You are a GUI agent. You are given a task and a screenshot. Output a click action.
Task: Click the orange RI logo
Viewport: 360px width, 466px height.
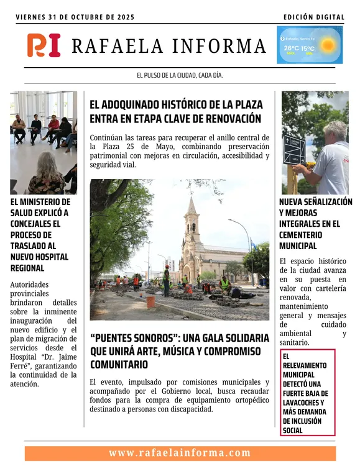click(44, 45)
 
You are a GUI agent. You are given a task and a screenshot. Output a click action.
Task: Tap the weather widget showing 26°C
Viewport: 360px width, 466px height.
click(309, 45)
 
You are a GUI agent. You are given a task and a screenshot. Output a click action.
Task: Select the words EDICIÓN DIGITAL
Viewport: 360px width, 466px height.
click(313, 17)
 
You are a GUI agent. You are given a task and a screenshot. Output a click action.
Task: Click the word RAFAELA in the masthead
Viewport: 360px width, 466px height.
click(118, 46)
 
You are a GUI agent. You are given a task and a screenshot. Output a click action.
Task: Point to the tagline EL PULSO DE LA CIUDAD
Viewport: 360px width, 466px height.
click(179, 75)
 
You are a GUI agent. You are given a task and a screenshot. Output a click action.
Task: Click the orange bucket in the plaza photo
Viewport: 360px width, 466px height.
click(150, 301)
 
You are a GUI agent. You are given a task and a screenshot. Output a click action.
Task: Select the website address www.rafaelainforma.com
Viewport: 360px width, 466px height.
click(180, 453)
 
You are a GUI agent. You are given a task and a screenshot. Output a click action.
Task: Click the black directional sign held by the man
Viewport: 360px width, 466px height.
click(293, 150)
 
